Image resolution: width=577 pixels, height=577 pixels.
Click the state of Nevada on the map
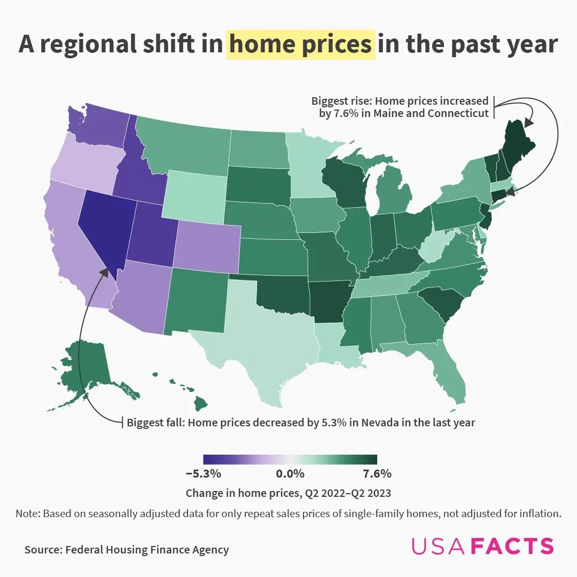tap(104, 224)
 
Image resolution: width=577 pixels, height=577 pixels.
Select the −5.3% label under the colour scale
tap(203, 473)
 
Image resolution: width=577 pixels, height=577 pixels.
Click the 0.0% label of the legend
tap(290, 473)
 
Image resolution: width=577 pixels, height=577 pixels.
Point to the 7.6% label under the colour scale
tap(376, 473)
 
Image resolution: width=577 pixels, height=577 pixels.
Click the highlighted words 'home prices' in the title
tap(300, 44)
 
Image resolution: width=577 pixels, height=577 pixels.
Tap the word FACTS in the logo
tap(514, 546)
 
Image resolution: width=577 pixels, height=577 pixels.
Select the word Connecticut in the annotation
tap(458, 113)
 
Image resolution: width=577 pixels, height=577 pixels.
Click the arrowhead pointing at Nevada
tap(104, 272)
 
